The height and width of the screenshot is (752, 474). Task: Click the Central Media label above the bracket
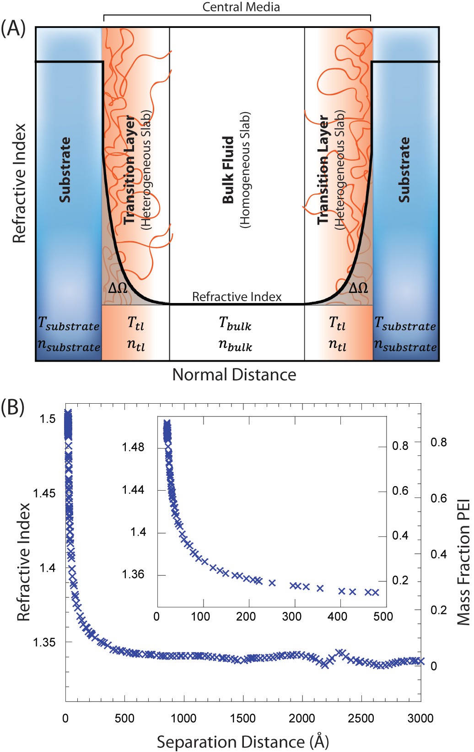click(x=241, y=7)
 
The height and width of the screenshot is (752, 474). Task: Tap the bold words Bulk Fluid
click(x=228, y=170)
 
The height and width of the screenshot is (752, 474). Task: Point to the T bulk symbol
click(x=235, y=324)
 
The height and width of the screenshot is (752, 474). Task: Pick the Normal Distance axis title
click(x=234, y=375)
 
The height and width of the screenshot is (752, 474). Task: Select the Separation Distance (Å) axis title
click(x=243, y=741)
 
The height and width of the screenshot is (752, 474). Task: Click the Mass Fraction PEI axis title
click(x=464, y=562)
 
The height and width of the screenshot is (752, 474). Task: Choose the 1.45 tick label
click(x=44, y=493)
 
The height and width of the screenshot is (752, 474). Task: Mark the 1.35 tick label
click(x=44, y=642)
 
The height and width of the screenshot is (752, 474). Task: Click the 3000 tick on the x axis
click(x=420, y=718)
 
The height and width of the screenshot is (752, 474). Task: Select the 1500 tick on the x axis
click(x=243, y=718)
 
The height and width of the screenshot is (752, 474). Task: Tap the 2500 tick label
click(x=361, y=718)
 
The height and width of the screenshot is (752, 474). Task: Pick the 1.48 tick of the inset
click(x=133, y=447)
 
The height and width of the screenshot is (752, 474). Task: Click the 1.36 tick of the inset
click(x=133, y=574)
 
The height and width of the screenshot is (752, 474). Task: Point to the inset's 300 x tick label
click(x=291, y=617)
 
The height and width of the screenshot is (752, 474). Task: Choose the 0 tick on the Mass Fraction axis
click(x=434, y=666)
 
